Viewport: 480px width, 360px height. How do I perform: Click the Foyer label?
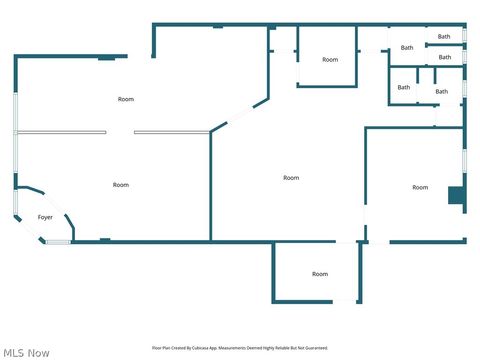[45, 217]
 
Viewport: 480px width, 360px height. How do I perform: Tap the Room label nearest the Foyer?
[121, 185]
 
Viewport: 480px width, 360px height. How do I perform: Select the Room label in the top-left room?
[126, 99]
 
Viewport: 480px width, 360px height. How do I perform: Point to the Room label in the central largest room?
[291, 178]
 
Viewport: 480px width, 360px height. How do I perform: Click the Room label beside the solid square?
[420, 187]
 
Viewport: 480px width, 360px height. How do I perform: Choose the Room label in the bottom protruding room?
[320, 274]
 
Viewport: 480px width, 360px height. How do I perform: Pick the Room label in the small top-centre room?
[330, 60]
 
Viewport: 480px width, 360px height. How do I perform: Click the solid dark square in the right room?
[455, 195]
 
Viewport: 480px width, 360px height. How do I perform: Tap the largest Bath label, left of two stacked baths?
[407, 48]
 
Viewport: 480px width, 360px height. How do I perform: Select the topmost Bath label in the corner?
[444, 37]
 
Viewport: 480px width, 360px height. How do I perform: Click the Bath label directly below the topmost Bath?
[444, 57]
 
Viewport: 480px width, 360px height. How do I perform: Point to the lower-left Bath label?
[404, 87]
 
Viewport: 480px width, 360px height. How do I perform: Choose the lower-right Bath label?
[441, 92]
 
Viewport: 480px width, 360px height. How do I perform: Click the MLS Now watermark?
[27, 352]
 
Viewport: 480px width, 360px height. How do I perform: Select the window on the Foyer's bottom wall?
[58, 241]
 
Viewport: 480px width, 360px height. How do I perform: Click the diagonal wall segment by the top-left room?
[240, 113]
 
